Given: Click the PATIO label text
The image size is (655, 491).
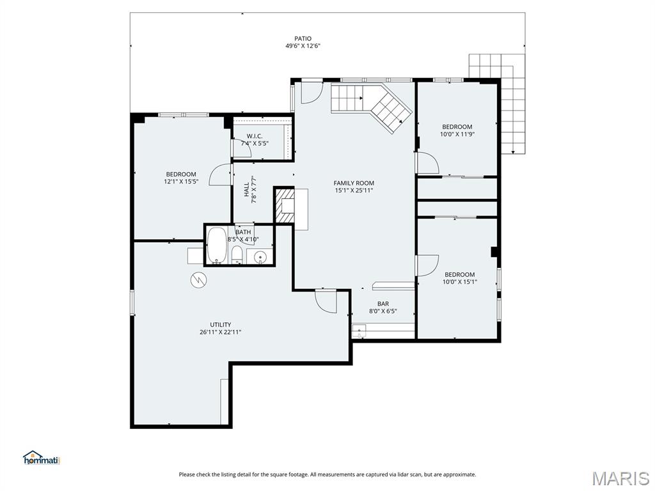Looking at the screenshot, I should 303,38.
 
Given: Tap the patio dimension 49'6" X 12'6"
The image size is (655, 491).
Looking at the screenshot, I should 303,46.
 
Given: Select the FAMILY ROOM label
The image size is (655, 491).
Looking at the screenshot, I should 354,183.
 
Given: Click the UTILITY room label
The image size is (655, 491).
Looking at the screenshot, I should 221,324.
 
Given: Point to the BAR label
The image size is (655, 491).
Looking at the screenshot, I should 383,304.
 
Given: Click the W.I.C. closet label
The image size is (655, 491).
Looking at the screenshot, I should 255,136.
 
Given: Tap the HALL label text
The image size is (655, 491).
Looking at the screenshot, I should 247,190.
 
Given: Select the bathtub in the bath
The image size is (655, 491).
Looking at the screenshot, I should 217,246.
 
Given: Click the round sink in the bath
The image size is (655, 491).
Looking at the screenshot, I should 260,257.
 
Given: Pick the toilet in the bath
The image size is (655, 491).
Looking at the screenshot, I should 237,255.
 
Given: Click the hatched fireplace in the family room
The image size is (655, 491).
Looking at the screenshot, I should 285,206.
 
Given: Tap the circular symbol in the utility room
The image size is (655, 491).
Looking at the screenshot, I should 198,279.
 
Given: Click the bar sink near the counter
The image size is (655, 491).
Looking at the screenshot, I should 358,331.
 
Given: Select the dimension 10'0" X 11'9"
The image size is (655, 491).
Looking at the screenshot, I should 457,134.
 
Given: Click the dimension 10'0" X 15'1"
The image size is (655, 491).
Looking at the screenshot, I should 460,282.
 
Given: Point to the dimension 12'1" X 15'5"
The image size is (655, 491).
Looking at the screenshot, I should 181,182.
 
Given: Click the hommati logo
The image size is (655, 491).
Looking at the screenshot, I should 41,458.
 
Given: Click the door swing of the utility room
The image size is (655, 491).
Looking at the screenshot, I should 326,301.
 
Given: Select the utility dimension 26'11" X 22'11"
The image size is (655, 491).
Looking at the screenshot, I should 221,332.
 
